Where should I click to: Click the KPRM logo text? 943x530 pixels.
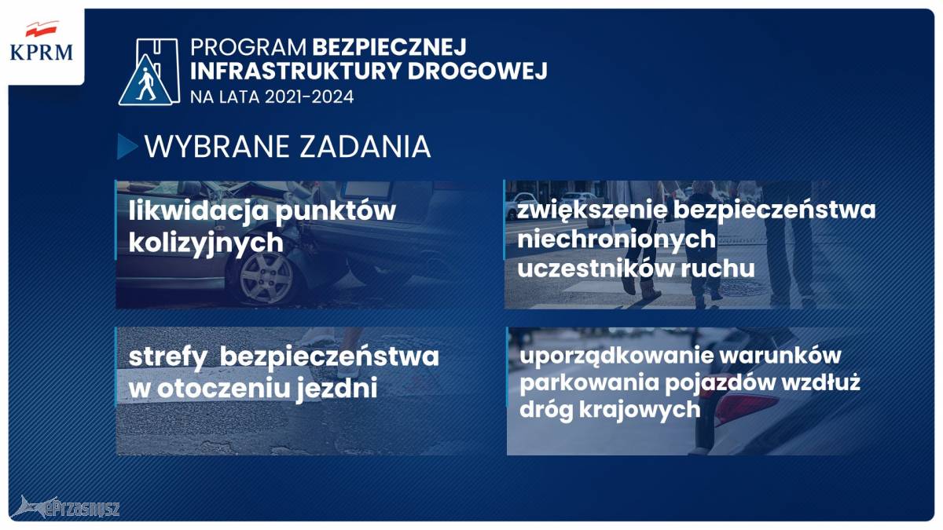point(41,53)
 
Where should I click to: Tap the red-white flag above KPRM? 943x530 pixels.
point(42,29)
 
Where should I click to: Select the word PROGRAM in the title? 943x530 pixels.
point(248,48)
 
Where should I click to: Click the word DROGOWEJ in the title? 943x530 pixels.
point(478,71)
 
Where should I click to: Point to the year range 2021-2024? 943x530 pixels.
point(310,97)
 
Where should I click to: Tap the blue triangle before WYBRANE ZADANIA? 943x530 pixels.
point(127,146)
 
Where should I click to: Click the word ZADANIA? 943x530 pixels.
point(365,147)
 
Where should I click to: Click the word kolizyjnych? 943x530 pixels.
point(206,243)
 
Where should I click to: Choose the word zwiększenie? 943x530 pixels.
point(592,210)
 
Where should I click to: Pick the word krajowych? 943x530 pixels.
point(640,410)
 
